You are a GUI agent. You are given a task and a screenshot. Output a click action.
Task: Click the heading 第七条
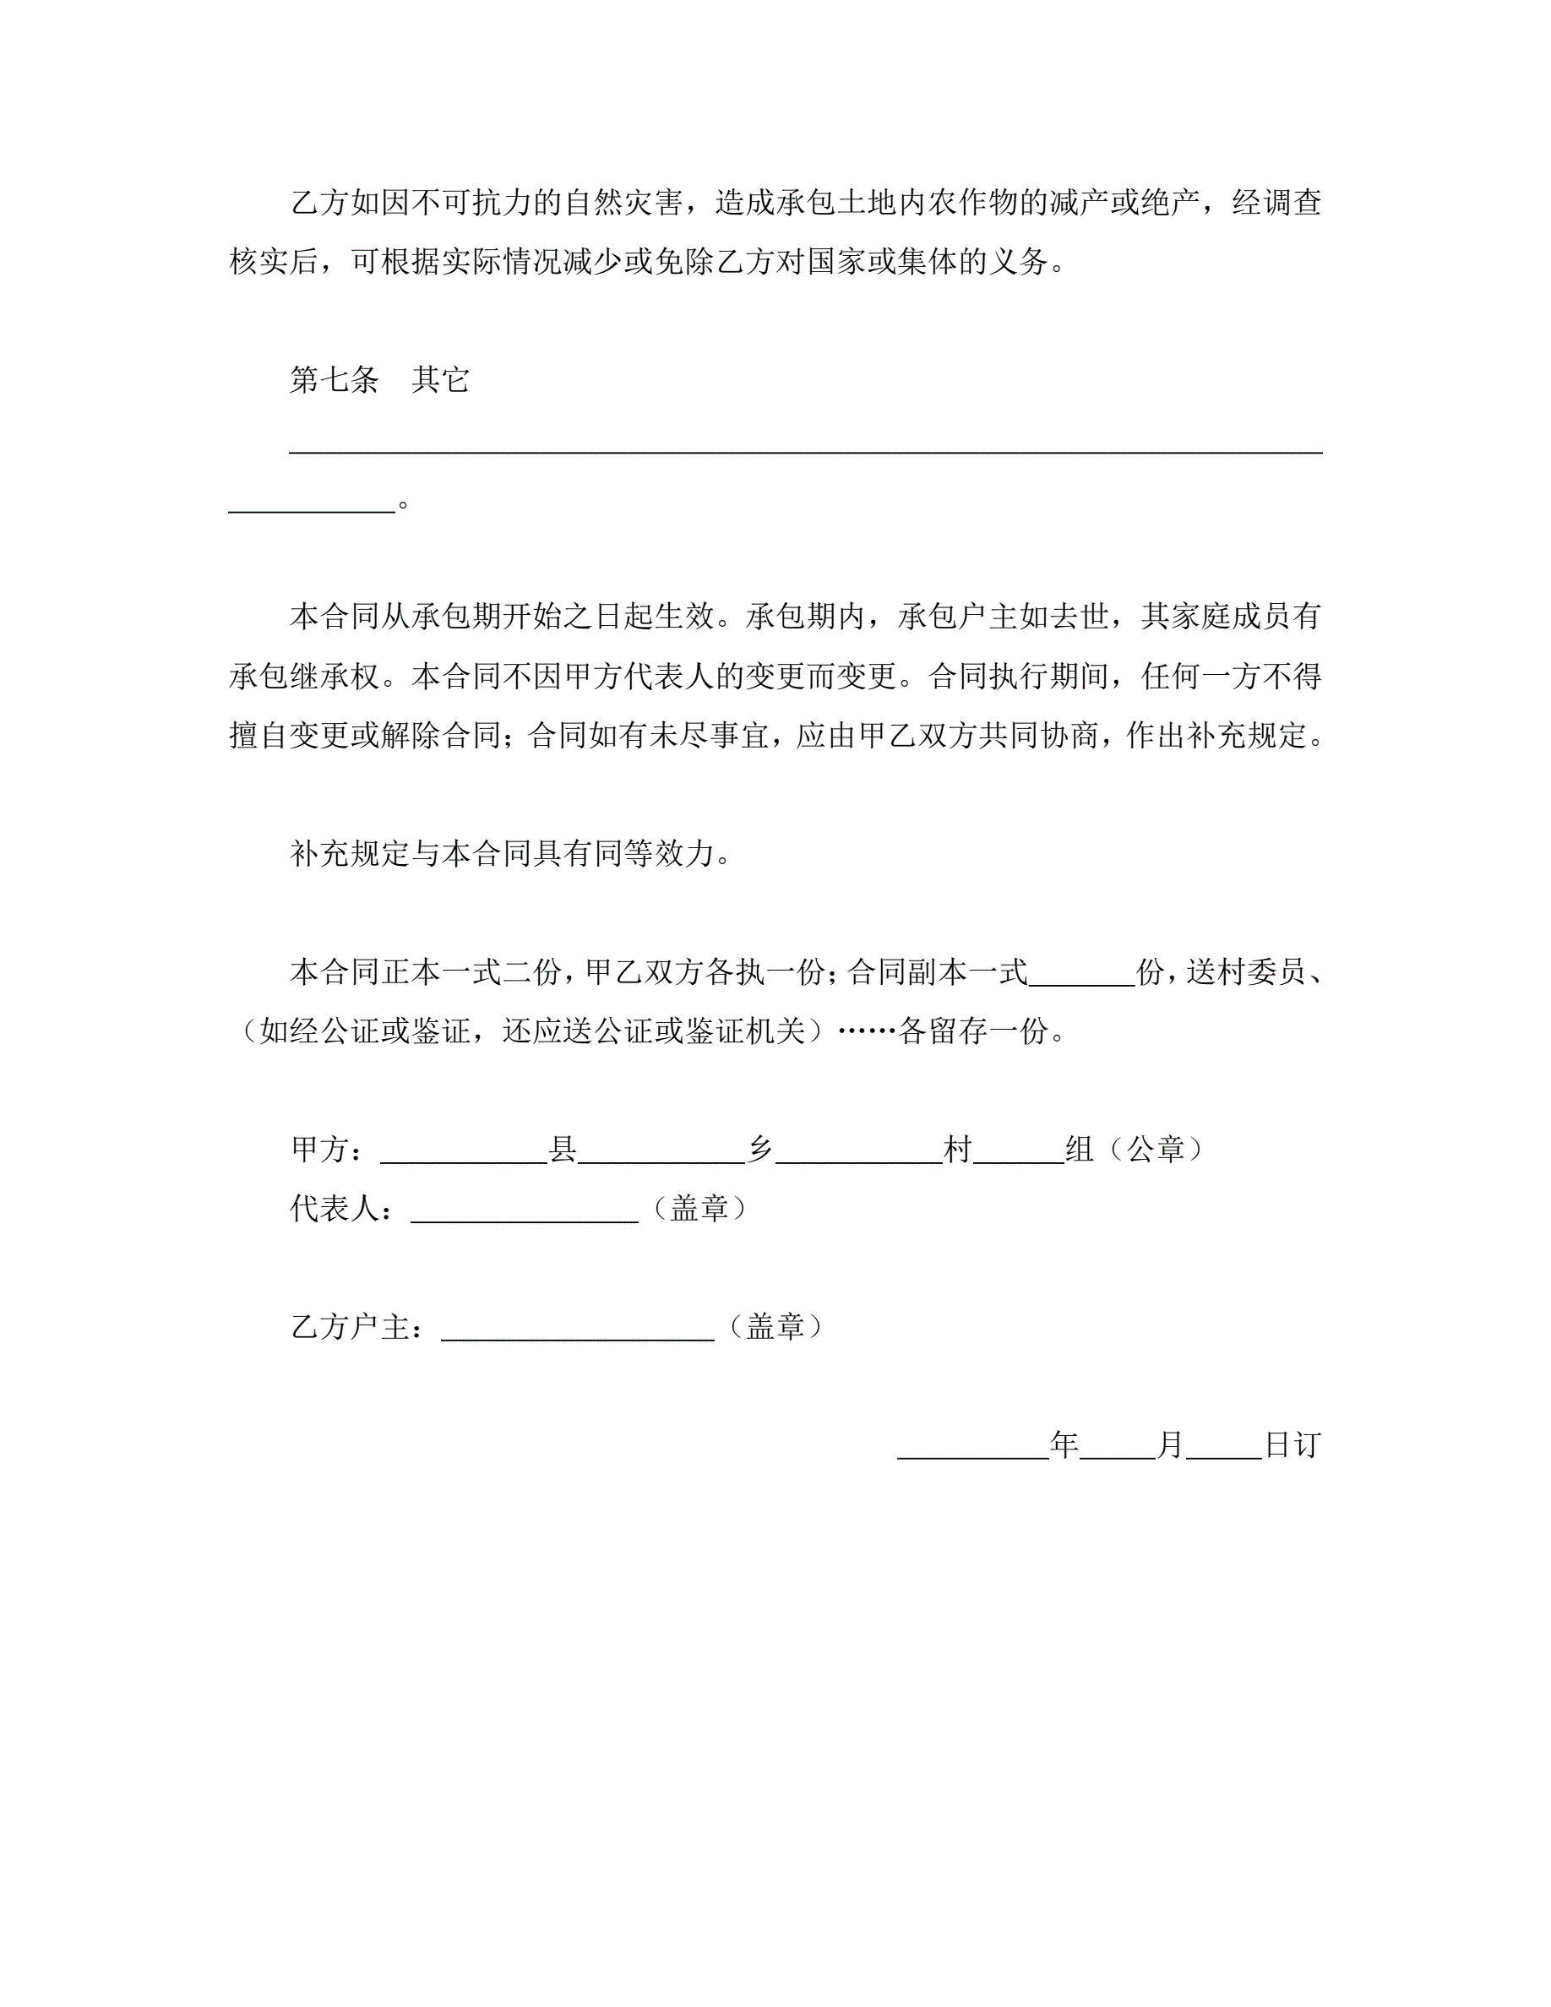pos(334,379)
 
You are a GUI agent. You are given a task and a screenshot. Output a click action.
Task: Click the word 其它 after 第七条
pos(440,379)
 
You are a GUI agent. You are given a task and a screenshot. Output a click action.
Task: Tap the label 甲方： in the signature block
pos(328,1150)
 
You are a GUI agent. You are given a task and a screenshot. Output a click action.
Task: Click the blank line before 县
pos(464,1153)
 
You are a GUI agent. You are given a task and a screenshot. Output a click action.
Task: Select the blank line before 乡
pos(661,1153)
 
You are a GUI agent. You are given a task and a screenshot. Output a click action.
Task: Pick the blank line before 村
pos(859,1153)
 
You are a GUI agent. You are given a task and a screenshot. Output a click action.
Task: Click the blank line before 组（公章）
pos(1018,1153)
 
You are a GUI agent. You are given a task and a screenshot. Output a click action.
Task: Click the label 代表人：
pos(343,1209)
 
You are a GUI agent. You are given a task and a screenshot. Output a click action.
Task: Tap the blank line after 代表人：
pos(524,1212)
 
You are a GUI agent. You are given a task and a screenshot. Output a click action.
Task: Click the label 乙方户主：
pos(358,1327)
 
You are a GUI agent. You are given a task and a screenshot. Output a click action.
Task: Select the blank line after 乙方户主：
pos(577,1330)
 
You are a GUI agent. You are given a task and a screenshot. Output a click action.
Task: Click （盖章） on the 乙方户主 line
pos(775,1327)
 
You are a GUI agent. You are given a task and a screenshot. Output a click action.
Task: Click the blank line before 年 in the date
pos(973,1449)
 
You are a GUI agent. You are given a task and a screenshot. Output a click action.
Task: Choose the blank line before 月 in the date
pos(1118,1449)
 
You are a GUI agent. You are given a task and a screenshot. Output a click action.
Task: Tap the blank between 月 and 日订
pos(1224,1449)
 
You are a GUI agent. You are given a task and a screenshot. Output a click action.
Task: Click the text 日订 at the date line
pos(1292,1445)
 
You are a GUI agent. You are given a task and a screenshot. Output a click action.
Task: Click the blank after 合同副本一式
pos(1082,976)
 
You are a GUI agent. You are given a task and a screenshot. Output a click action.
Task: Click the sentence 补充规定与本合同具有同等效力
pos(502,854)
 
